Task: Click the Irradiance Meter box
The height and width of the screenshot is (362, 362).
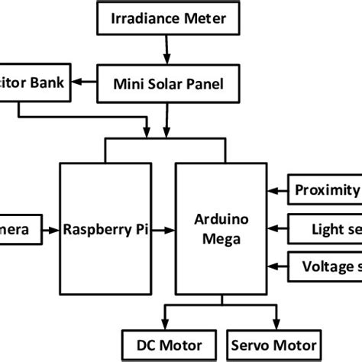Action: [169, 18]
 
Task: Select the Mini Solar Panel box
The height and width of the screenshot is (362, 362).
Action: [169, 84]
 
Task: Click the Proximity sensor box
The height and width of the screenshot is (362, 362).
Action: [324, 190]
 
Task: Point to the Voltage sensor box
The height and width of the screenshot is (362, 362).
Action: [324, 266]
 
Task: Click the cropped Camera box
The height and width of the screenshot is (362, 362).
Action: [17, 228]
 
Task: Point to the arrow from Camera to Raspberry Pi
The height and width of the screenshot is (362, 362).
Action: [47, 228]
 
